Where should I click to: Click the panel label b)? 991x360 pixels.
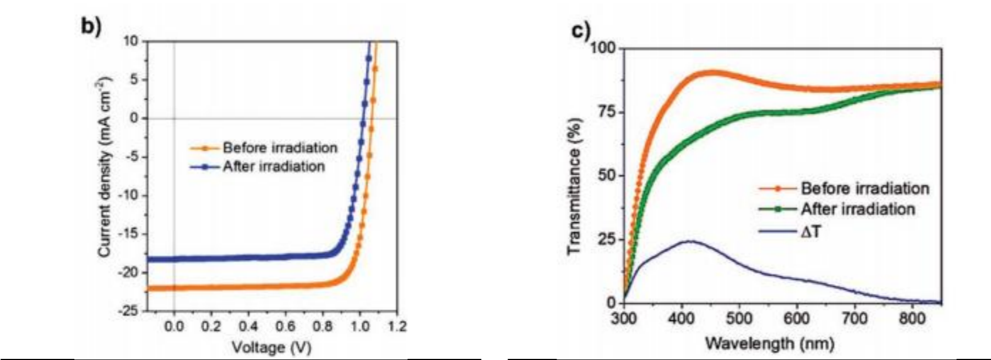click(91, 26)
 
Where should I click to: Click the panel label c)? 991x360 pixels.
click(580, 31)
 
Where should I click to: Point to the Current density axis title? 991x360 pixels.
click(104, 167)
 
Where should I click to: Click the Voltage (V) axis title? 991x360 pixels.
click(271, 347)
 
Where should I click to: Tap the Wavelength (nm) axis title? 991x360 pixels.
click(770, 343)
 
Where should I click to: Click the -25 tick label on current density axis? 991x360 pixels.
click(130, 311)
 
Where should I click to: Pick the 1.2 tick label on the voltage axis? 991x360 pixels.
click(396, 326)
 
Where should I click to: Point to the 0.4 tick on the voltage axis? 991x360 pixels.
click(248, 326)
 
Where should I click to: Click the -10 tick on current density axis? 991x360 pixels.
click(130, 195)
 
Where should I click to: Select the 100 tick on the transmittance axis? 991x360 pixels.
click(603, 48)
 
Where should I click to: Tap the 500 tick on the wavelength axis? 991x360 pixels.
click(739, 318)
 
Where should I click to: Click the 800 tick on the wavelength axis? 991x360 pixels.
click(912, 318)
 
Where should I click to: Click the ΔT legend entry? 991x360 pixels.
click(810, 231)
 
